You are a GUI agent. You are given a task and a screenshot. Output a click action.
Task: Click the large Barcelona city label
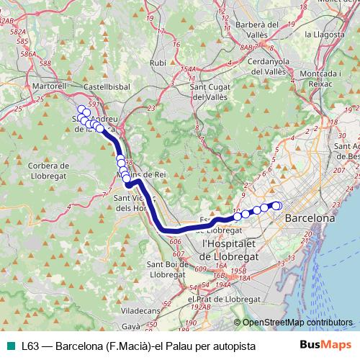tap(310, 217)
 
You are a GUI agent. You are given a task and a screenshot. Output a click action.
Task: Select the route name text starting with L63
tap(138, 346)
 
